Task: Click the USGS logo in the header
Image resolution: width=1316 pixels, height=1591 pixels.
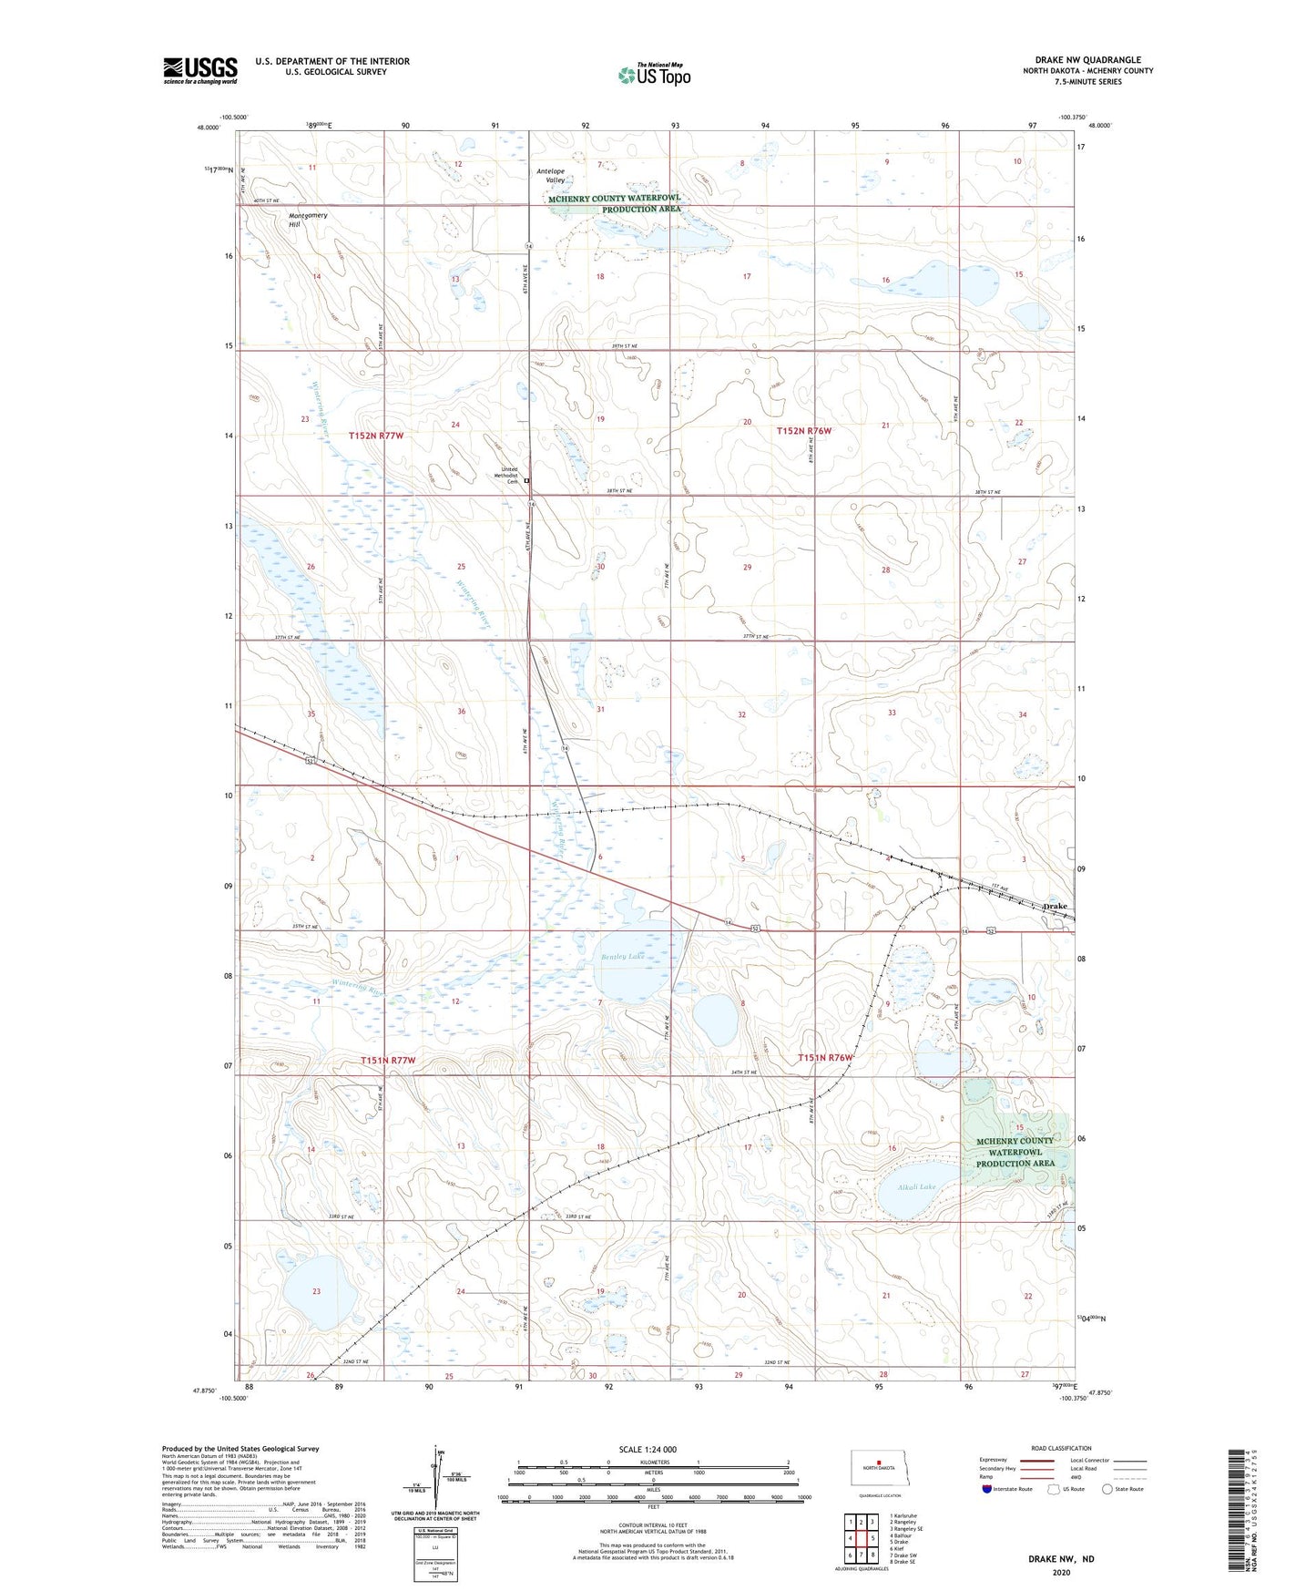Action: tap(199, 70)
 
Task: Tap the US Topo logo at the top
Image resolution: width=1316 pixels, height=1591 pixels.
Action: tap(654, 75)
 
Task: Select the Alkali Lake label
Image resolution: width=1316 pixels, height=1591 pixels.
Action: tap(915, 1186)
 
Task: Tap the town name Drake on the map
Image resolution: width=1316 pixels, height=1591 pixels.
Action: tap(1054, 906)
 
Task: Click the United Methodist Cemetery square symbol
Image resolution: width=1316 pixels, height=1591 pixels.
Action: tap(526, 479)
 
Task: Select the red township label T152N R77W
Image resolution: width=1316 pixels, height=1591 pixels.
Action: tap(375, 436)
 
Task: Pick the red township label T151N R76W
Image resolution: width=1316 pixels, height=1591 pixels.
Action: tap(826, 1057)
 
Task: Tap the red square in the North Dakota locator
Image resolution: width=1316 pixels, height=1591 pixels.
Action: tap(878, 1465)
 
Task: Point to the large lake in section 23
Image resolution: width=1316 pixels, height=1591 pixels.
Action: tap(316, 1293)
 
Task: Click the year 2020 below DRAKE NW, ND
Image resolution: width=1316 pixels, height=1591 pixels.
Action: tap(1061, 1572)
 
